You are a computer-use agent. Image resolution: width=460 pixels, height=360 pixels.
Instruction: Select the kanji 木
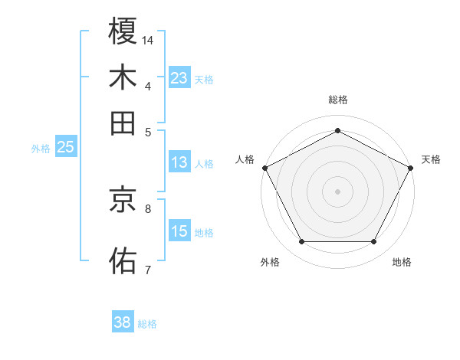click(123, 77)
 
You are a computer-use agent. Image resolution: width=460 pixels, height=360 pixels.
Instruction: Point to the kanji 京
click(123, 200)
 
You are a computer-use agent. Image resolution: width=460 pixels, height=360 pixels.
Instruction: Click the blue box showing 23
click(179, 77)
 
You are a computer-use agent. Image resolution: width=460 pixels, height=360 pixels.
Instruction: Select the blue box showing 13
click(179, 162)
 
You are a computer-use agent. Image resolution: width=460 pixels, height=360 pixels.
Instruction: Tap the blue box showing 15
click(179, 231)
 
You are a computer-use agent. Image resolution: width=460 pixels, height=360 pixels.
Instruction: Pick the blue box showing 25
click(65, 147)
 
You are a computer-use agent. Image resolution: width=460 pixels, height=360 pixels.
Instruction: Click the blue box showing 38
click(123, 322)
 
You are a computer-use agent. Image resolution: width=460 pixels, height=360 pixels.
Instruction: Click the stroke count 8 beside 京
click(148, 208)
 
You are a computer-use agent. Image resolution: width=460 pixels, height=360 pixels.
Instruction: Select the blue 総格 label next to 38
click(147, 324)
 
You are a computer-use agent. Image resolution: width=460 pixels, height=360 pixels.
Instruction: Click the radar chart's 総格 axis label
click(337, 100)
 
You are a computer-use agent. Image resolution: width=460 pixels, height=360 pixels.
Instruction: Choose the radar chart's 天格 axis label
click(431, 159)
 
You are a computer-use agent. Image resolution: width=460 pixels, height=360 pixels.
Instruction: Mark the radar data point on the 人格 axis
click(264, 167)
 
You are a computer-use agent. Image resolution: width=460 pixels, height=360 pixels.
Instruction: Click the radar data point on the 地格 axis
click(374, 242)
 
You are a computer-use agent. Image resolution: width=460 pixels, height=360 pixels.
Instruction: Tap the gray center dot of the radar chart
click(337, 191)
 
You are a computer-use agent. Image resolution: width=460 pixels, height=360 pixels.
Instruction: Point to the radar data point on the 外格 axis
click(301, 242)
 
